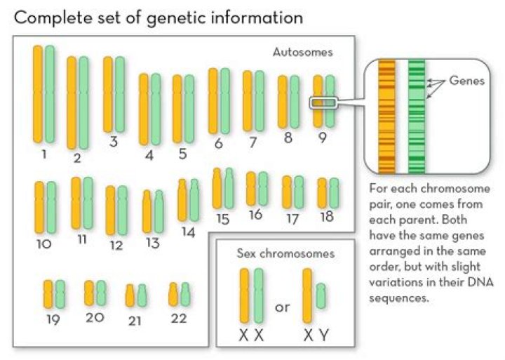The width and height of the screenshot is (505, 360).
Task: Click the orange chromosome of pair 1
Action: (38, 94)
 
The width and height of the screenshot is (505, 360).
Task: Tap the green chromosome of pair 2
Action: (83, 103)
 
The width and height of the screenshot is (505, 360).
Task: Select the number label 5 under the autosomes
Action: (182, 154)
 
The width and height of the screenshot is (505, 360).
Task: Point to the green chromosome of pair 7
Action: (260, 101)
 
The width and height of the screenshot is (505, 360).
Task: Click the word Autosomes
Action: (302, 52)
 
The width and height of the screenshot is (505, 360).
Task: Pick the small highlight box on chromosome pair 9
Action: (323, 103)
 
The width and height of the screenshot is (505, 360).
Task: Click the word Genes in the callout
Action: (466, 80)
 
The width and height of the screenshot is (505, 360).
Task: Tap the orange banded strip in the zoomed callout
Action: (386, 116)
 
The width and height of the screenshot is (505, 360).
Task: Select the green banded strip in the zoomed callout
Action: (417, 116)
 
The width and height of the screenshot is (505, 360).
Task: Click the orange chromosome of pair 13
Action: (147, 211)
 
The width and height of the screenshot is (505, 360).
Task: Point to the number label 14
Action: (188, 232)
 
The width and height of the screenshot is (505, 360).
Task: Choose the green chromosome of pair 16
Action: (263, 189)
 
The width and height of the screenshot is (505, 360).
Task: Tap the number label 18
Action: (327, 217)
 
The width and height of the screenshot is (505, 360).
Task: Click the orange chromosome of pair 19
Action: (48, 294)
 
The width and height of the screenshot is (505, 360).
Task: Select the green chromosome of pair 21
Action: (142, 295)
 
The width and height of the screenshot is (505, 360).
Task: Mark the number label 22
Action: (179, 319)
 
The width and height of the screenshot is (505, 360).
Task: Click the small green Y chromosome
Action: (321, 296)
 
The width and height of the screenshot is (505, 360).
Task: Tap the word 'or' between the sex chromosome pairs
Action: (282, 307)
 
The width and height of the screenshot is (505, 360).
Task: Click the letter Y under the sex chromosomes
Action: (324, 335)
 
